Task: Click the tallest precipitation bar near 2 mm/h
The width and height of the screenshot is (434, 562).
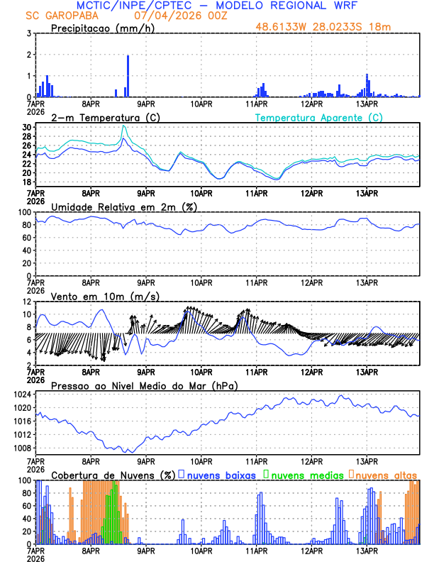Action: point(128,75)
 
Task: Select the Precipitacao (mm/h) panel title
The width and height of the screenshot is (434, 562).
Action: point(99,28)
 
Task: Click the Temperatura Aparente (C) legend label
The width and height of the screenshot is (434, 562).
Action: point(318,117)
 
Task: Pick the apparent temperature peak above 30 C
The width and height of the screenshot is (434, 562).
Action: point(123,126)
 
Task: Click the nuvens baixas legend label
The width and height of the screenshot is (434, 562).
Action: point(221,474)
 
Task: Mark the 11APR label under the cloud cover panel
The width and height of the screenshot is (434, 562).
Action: point(256,551)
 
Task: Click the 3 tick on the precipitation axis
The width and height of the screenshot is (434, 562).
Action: point(29,33)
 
